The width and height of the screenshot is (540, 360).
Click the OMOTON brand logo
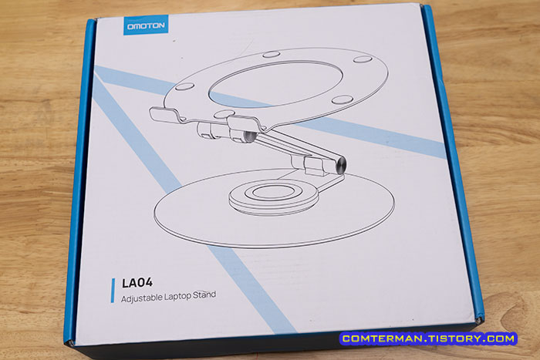(x=146, y=25)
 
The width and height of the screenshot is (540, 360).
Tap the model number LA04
(x=137, y=283)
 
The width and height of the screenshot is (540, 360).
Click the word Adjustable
(x=141, y=298)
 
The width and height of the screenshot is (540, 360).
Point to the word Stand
(x=204, y=295)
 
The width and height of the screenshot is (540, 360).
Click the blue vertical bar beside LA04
(x=113, y=291)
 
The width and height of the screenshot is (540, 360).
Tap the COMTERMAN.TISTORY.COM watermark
(x=428, y=338)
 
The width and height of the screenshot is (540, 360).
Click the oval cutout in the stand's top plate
(x=276, y=83)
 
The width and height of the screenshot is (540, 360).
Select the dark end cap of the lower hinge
(x=341, y=165)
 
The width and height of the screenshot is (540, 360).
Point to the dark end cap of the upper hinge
(x=249, y=136)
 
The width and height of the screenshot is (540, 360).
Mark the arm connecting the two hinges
(x=295, y=148)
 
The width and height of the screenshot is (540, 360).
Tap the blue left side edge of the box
(x=79, y=179)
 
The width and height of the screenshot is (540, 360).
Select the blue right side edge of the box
(x=454, y=162)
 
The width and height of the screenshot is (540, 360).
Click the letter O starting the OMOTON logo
(x=130, y=26)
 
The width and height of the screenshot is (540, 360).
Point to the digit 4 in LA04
(x=148, y=283)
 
